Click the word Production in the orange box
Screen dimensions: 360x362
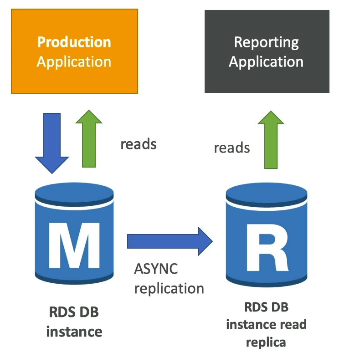(74, 42)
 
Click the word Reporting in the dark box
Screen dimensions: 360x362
(267, 43)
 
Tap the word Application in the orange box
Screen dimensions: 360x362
(74, 62)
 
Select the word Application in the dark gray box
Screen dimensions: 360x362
(266, 62)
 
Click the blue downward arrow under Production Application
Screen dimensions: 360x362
(52, 143)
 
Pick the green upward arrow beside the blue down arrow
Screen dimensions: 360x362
(89, 138)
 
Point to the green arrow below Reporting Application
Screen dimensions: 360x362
(271, 140)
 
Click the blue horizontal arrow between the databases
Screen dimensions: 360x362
(170, 241)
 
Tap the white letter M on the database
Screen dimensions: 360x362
(74, 245)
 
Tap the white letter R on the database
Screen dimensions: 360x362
(267, 247)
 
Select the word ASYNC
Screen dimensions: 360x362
(156, 269)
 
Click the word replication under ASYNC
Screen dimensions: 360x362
(169, 289)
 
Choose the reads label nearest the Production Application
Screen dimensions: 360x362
(139, 144)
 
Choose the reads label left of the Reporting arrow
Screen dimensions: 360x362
(232, 148)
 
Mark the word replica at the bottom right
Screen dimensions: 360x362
(266, 343)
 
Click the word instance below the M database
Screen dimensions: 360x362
(74, 332)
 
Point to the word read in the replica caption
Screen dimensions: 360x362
(293, 324)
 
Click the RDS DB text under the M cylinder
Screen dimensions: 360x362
(74, 312)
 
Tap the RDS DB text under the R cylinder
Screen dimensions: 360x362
(267, 307)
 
